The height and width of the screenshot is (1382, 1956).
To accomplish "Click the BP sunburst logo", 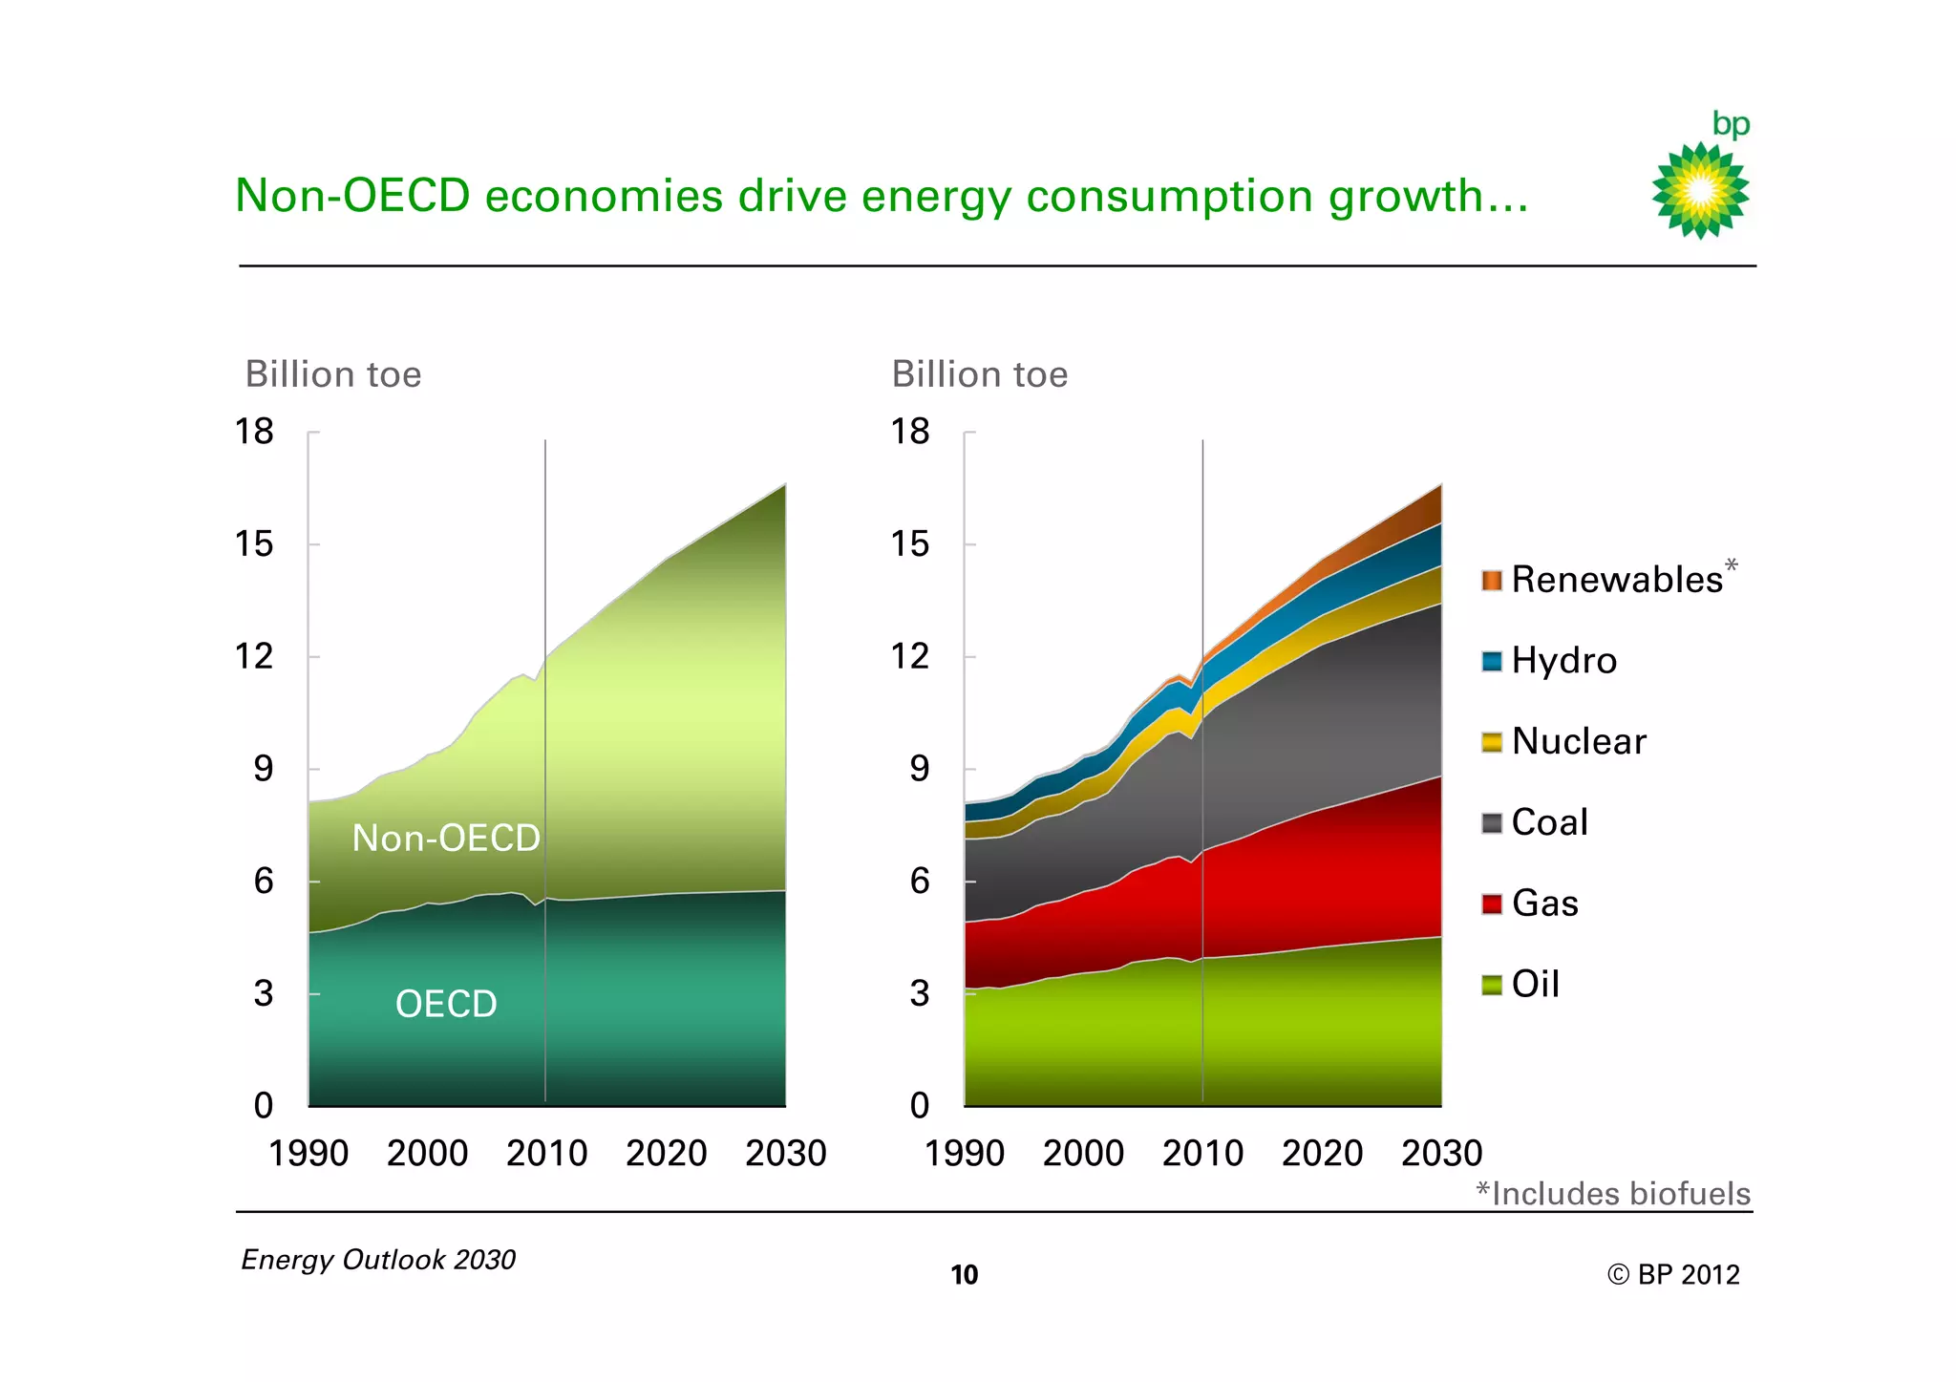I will tap(1700, 190).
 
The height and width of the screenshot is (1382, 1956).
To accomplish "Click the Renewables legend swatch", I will tap(1492, 581).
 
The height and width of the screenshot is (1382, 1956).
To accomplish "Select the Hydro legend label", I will tap(1563, 661).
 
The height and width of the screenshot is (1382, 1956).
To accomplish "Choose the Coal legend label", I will tap(1549, 822).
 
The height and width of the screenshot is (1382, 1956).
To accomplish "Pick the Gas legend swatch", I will tap(1492, 904).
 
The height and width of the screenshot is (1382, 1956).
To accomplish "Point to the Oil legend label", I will tap(1535, 985).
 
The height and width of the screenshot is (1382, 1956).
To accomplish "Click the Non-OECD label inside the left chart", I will tap(446, 839).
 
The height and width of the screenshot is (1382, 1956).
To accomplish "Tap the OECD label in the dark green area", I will tap(446, 1004).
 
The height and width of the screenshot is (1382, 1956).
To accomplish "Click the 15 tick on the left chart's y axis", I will tap(254, 544).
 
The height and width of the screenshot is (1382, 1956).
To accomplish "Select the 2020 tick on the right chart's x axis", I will tap(1322, 1154).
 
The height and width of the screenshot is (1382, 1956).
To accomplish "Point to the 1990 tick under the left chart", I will tap(308, 1154).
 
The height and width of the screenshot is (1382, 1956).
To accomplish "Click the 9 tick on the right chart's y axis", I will tap(919, 769).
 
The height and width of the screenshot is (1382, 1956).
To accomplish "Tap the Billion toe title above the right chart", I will tap(979, 374).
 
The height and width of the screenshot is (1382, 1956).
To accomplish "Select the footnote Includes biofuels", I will tap(1613, 1194).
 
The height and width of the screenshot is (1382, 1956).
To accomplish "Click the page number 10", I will tap(965, 1275).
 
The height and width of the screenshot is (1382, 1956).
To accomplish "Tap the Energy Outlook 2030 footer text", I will tap(378, 1260).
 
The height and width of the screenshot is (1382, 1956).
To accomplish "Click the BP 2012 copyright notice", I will tap(1673, 1275).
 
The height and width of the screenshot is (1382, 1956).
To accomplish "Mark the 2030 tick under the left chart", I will tap(785, 1154).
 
